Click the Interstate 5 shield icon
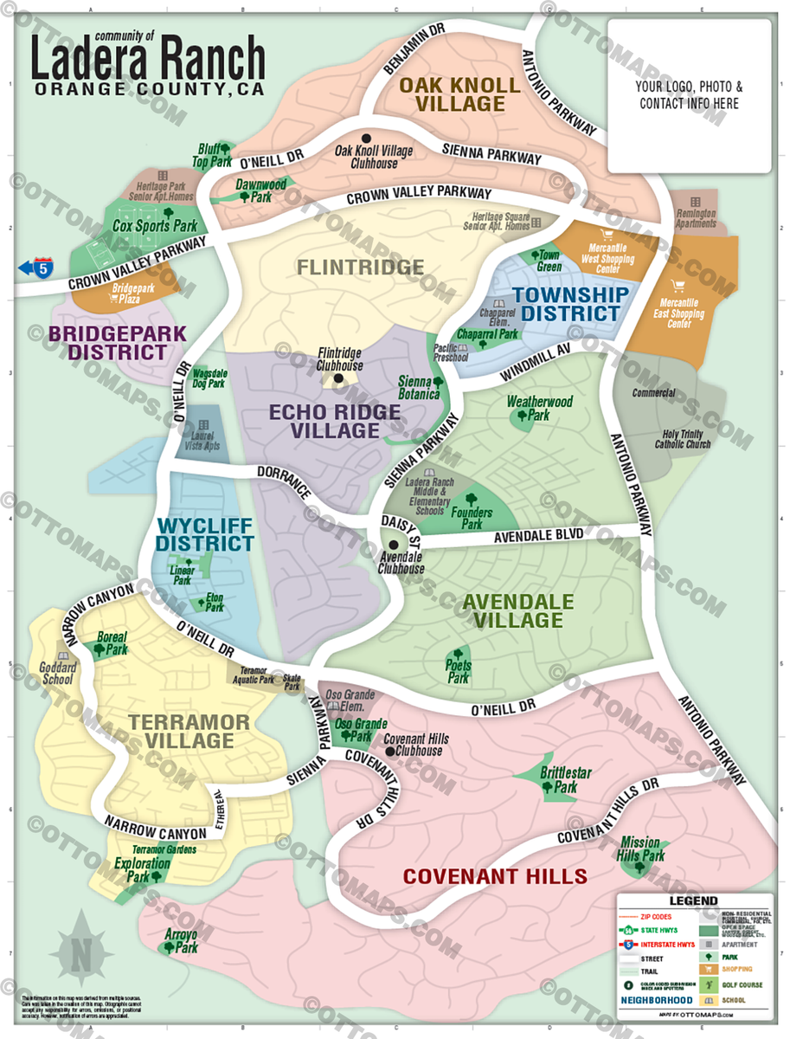(x=42, y=268)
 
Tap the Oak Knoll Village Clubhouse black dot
(x=366, y=139)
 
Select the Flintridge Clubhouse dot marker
(x=338, y=378)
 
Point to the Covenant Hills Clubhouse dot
(x=390, y=751)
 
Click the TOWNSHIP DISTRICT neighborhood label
(x=570, y=303)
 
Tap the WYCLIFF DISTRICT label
(x=205, y=534)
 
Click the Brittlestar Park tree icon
(x=548, y=786)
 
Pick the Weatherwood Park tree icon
(x=523, y=416)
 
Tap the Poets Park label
(x=458, y=672)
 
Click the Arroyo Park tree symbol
(x=167, y=946)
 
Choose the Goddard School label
(x=58, y=674)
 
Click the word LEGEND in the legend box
(x=693, y=901)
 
